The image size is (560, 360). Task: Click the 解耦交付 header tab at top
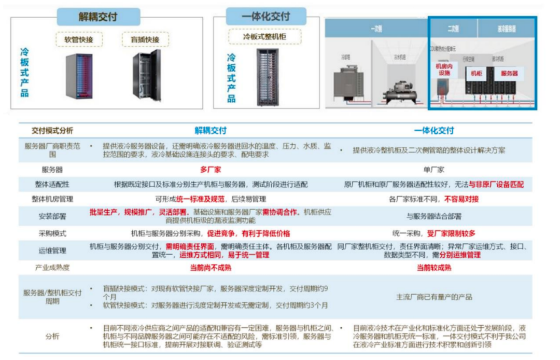[x=97, y=17]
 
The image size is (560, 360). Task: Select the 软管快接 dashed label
[x=79, y=39]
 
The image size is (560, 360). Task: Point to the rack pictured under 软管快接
[x=79, y=76]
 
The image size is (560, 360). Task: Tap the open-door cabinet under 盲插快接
[x=147, y=76]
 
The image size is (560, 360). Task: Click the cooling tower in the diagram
[x=346, y=83]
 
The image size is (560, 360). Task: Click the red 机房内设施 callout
[x=443, y=70]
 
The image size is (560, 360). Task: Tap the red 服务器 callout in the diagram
[x=509, y=74]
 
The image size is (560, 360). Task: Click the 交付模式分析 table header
[x=52, y=131]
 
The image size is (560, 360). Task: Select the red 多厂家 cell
[x=211, y=170]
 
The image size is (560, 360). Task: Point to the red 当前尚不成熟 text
[x=211, y=268]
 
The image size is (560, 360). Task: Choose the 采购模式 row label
[x=52, y=233]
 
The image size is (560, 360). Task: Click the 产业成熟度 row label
[x=52, y=268]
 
